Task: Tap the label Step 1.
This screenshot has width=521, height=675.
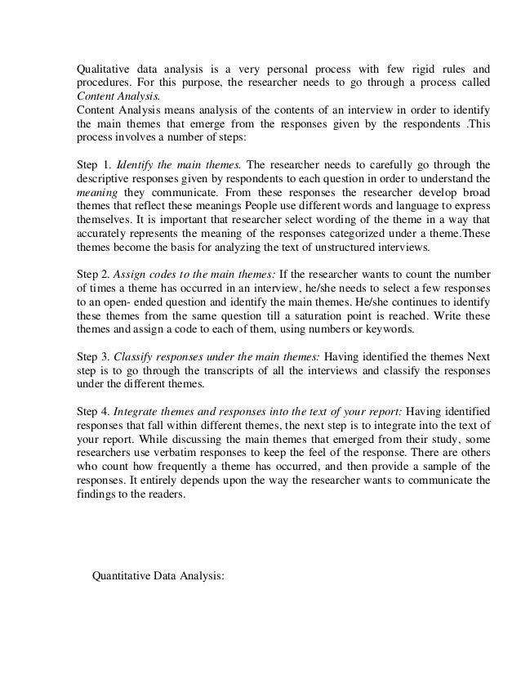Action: tap(92, 162)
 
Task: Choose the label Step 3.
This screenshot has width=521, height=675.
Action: tap(92, 358)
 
